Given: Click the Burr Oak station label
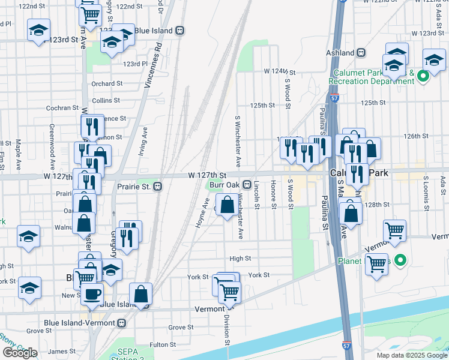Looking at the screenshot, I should point(224,184).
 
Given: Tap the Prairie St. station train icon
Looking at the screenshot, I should point(157,186).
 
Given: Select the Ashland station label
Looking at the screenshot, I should point(340,53).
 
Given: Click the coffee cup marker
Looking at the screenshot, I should point(92,294).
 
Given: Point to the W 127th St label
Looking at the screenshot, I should point(206,175).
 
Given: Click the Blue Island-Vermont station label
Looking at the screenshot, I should point(82,323).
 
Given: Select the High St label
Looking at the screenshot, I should point(240,259).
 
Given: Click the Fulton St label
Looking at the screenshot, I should point(163,344).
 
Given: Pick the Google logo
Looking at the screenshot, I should point(20,353).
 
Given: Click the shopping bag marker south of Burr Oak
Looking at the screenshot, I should point(228,206).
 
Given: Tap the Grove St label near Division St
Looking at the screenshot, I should point(180,327).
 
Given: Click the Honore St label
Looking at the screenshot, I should point(273,195).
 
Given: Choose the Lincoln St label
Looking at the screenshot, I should point(256,195).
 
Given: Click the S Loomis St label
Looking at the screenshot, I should point(425,188).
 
